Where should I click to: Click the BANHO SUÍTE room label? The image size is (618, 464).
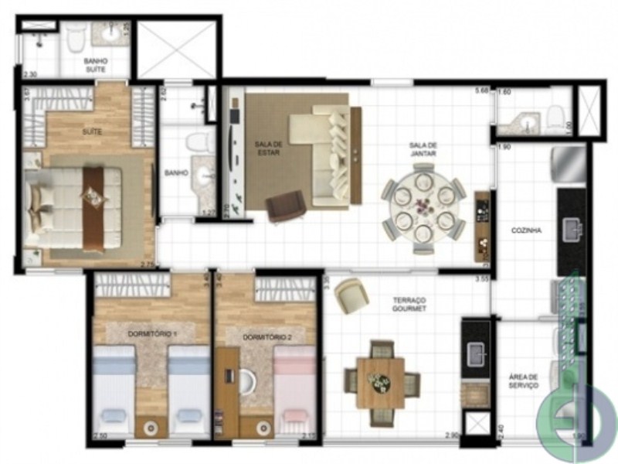click(x=96, y=65)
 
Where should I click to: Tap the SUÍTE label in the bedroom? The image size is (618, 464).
click(x=92, y=132)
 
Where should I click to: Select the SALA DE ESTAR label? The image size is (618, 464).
click(x=267, y=147)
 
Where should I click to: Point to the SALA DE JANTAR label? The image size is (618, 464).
click(x=424, y=149)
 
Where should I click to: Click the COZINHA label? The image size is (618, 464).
click(x=525, y=230)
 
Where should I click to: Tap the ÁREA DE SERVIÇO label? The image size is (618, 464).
click(x=523, y=382)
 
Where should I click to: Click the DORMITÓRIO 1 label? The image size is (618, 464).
click(x=151, y=333)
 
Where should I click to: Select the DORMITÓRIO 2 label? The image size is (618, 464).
click(x=267, y=337)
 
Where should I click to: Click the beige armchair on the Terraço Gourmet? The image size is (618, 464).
click(x=351, y=295)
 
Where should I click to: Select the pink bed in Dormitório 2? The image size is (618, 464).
click(x=296, y=391)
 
